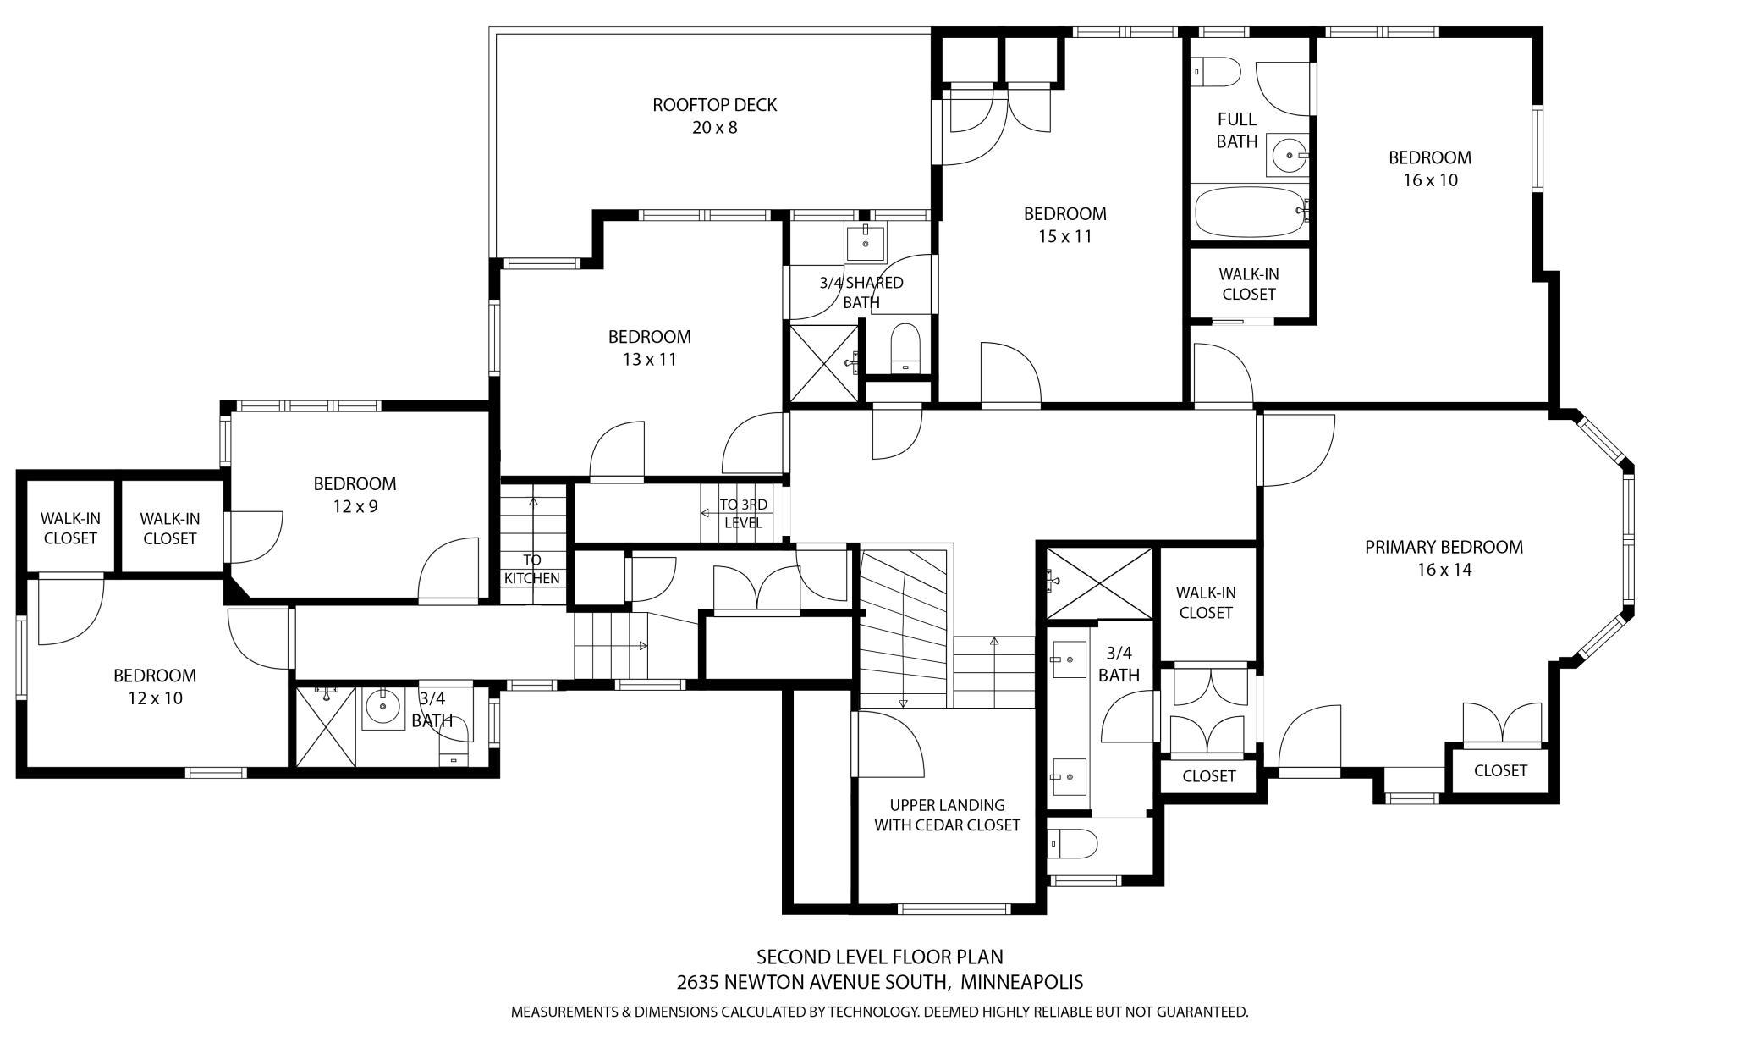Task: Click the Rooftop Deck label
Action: (x=715, y=116)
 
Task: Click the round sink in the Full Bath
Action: (x=1289, y=156)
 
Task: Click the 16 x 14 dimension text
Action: (x=1444, y=570)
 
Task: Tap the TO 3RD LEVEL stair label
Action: (x=743, y=514)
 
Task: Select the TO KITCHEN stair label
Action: (x=531, y=569)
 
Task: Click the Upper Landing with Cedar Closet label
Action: (x=947, y=815)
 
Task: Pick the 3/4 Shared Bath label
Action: (x=861, y=292)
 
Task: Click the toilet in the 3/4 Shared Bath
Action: (x=905, y=348)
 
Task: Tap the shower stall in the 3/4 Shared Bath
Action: (x=824, y=361)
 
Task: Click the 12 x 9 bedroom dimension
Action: (x=355, y=506)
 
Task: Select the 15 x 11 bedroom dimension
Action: (x=1064, y=236)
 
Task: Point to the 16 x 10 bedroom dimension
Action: (x=1430, y=179)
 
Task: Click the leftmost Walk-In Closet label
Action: (x=70, y=528)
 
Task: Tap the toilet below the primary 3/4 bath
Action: (x=1072, y=843)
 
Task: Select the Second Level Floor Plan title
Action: (x=880, y=957)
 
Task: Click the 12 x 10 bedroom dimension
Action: (x=155, y=698)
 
